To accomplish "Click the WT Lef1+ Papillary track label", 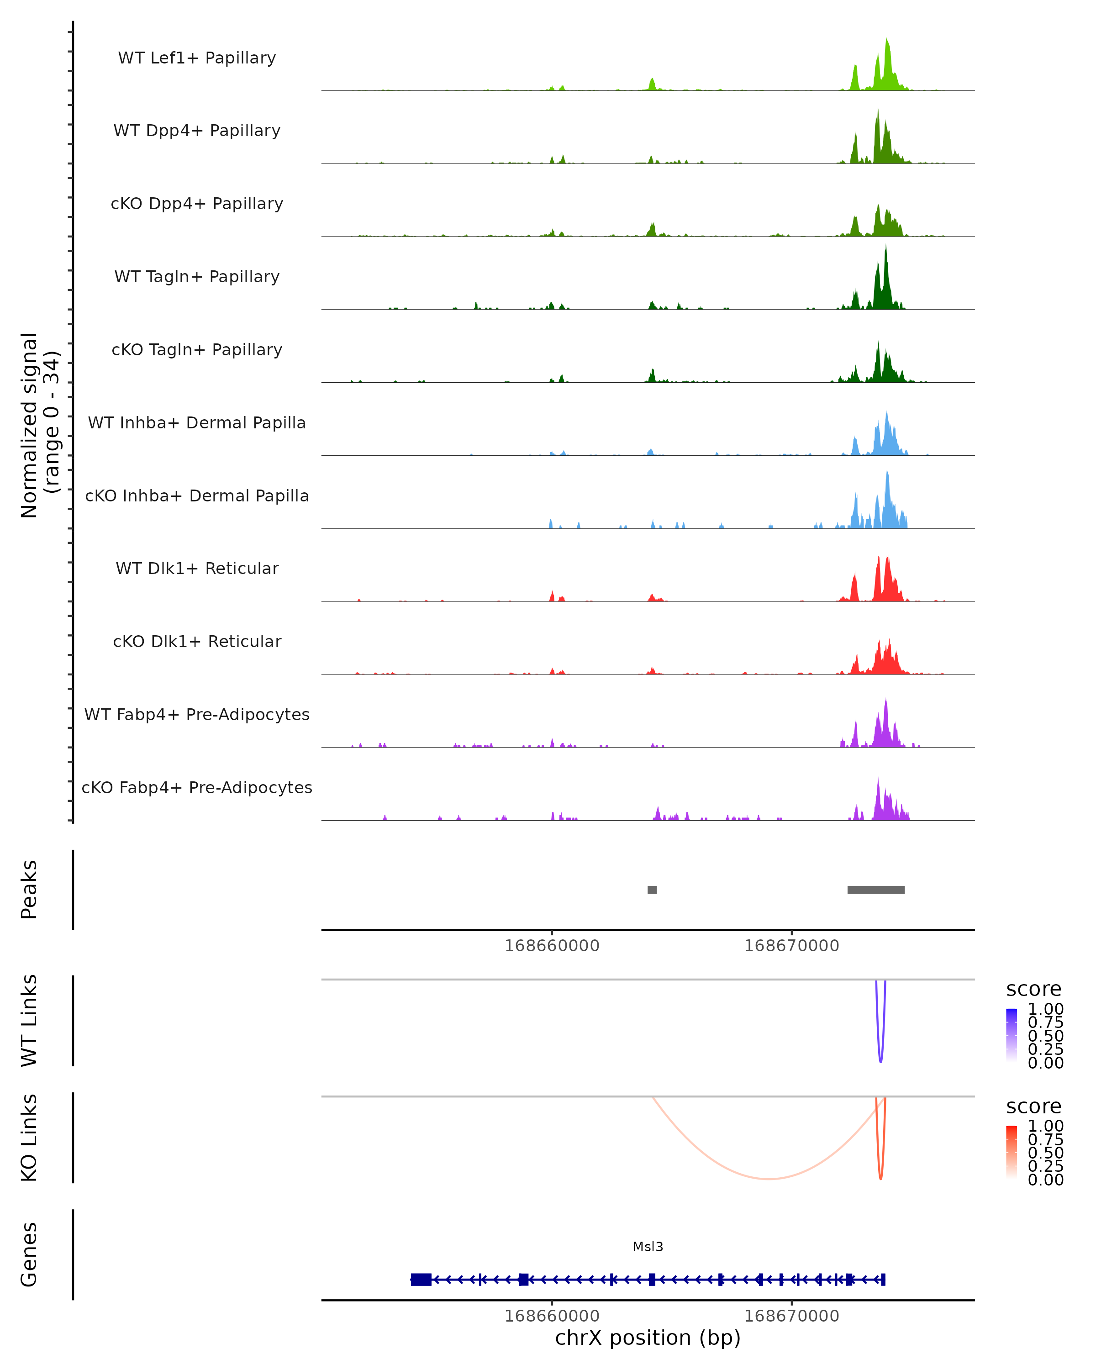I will pos(197,58).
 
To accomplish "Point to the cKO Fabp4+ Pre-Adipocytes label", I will pos(197,787).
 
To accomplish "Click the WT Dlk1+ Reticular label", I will pos(197,568).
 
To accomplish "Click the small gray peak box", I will pos(652,890).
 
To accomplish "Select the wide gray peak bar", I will pos(875,890).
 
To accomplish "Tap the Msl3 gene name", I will pos(648,1247).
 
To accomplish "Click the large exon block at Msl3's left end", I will pos(421,1279).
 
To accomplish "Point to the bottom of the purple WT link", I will pos(880,1061).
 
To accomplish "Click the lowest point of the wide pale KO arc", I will pos(769,1179).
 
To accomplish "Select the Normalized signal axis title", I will pos(39,425).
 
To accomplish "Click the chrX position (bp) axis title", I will pos(648,1338).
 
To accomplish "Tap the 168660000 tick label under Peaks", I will pos(552,946).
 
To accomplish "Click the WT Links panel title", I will pos(29,1021).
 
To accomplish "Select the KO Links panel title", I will pos(29,1138).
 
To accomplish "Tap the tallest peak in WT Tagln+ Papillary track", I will pos(885,248).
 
